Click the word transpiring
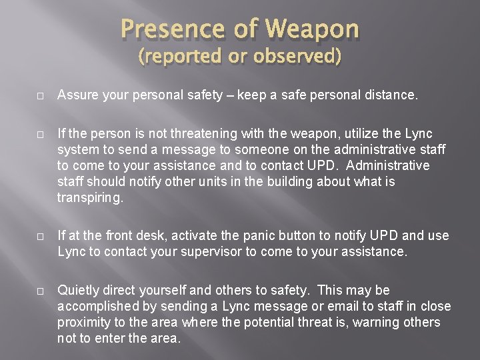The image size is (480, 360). (x=91, y=199)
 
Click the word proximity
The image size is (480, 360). (x=85, y=323)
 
